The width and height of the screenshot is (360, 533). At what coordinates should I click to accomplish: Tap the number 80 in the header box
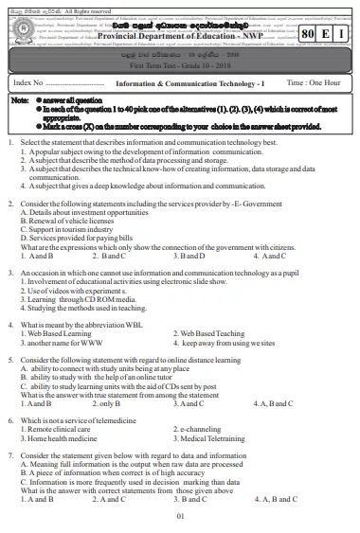[305, 32]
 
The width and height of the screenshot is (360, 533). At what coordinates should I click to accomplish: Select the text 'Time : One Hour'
[314, 84]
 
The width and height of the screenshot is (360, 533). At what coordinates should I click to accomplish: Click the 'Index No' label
[31, 84]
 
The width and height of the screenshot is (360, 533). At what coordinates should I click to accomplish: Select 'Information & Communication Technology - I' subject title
[183, 84]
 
